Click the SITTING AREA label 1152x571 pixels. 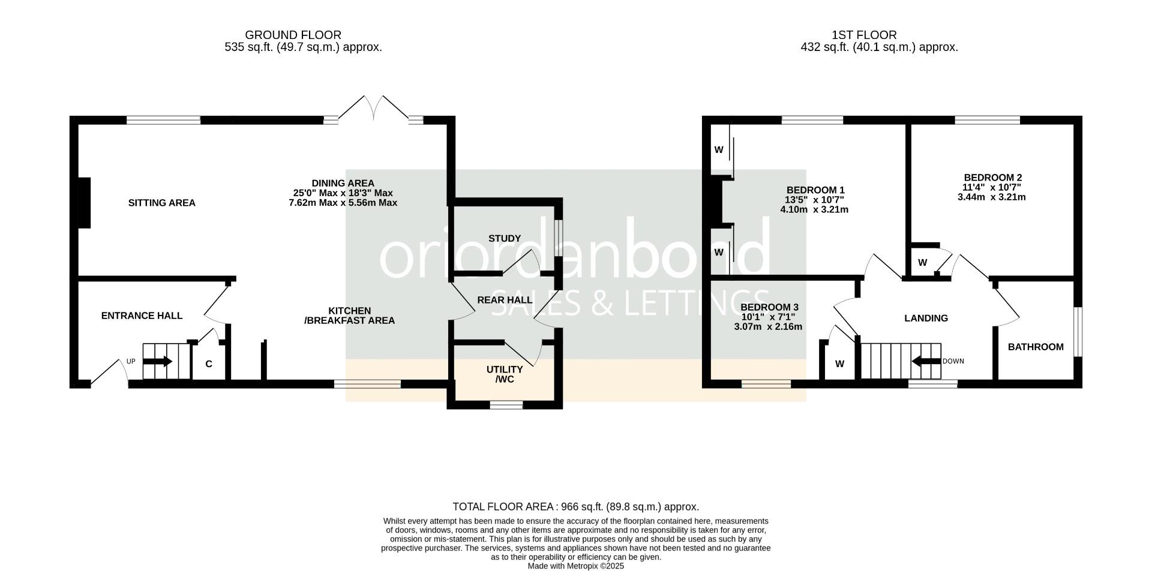coord(161,203)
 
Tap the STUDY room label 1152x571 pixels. coord(505,238)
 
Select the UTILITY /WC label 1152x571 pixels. coord(505,374)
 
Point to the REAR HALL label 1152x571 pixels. coord(505,300)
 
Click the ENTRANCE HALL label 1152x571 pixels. coord(142,315)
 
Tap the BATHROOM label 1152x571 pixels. coord(1036,347)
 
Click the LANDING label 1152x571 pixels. coord(926,318)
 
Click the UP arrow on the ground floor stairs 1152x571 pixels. coord(158,362)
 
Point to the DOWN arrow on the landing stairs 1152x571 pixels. coord(926,361)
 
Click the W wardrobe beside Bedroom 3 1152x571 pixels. coord(840,362)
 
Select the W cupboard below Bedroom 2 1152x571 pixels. coord(923,262)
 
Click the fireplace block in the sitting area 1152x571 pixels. coord(85,203)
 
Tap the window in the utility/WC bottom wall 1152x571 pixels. coord(506,405)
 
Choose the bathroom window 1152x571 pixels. coord(1078,332)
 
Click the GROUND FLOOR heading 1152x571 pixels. coord(293,35)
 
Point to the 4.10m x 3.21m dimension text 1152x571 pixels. coord(814,209)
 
